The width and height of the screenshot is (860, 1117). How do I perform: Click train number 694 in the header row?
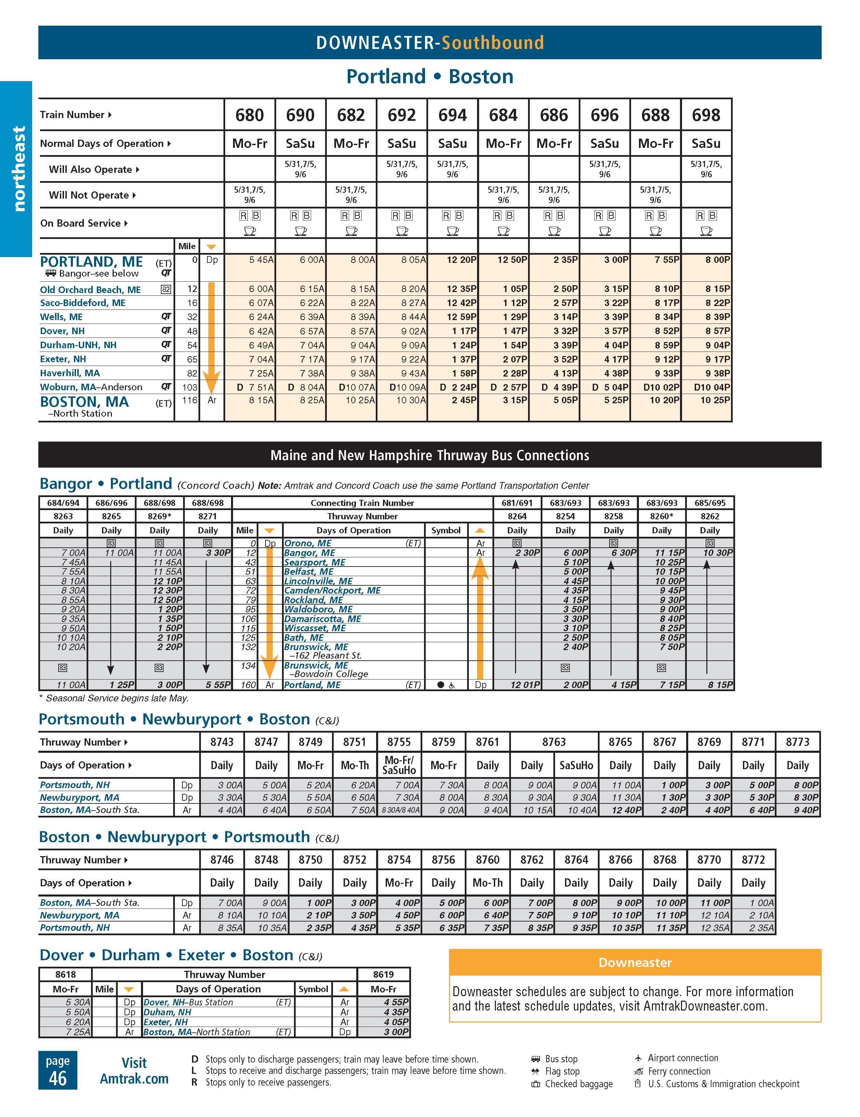[x=452, y=115]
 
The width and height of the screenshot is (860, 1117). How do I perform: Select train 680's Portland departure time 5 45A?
[x=261, y=260]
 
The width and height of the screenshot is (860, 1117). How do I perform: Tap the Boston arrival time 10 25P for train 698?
[x=715, y=400]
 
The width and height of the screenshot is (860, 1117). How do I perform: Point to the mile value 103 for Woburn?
[x=189, y=387]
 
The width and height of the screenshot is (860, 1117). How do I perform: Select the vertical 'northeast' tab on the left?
[x=18, y=169]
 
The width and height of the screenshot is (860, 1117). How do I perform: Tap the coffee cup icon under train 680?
[x=249, y=231]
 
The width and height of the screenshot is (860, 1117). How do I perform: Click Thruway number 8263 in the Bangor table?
[x=63, y=516]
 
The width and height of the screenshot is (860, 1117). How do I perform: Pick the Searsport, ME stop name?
[x=315, y=562]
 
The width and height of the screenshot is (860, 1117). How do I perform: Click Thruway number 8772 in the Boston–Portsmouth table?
[x=753, y=860]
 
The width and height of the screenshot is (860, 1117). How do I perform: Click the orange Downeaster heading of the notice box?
[x=634, y=963]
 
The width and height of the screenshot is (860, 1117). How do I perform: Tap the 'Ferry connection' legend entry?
[x=679, y=1071]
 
